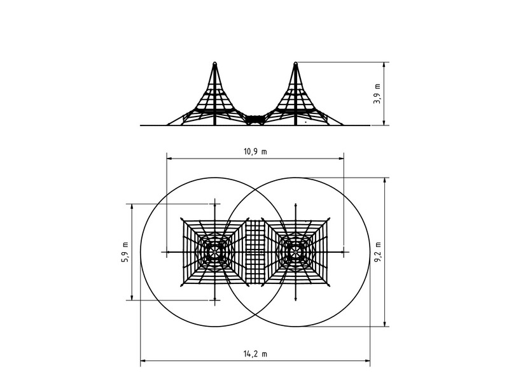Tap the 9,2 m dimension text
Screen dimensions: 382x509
coord(377,251)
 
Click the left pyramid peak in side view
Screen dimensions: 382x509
coord(214,64)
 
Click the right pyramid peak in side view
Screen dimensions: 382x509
coord(295,64)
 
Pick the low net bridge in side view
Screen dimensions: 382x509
coord(255,119)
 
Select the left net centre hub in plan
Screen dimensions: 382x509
coord(215,252)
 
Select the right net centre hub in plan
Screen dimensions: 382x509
coord(296,252)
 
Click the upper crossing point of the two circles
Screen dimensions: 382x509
coord(255,189)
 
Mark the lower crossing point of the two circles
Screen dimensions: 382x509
coord(255,315)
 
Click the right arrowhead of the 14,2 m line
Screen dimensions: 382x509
coord(369,362)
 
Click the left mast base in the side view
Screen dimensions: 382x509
coord(214,124)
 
